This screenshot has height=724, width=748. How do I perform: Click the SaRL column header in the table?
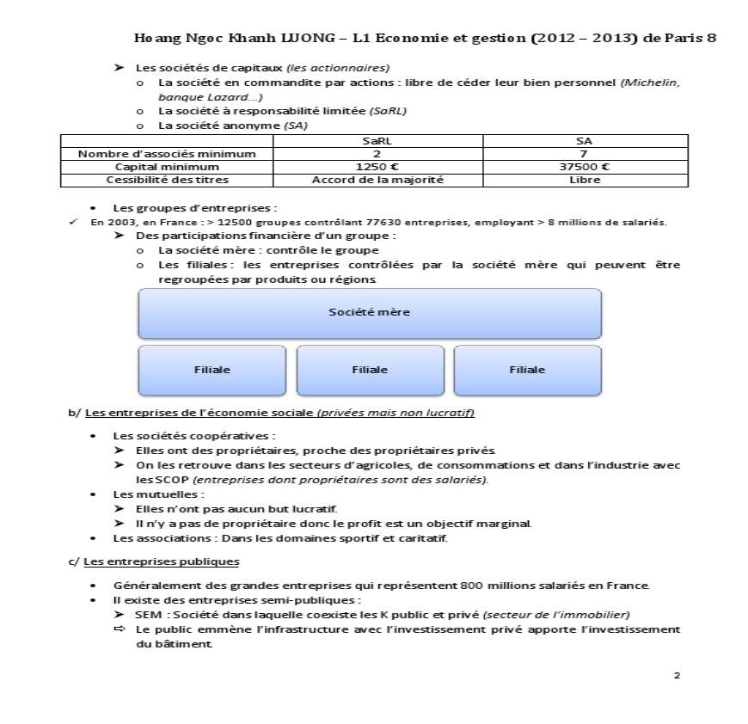tap(377, 140)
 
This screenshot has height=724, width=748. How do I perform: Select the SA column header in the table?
tap(585, 140)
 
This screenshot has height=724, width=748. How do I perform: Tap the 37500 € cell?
tap(585, 167)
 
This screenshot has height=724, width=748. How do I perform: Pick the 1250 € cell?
tap(377, 167)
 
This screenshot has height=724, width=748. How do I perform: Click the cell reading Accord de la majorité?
tap(377, 180)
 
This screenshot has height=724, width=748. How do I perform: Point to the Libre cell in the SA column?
tap(585, 180)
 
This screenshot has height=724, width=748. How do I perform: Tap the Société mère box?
tap(370, 313)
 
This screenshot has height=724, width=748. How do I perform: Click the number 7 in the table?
tap(585, 154)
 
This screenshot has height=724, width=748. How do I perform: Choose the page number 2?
tap(677, 675)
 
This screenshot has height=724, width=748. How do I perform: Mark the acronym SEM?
tap(147, 614)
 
